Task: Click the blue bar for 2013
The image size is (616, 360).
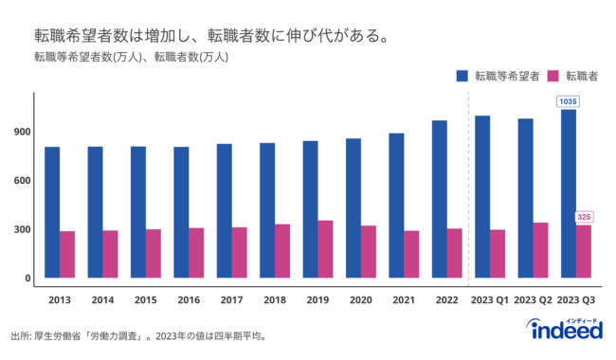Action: coord(52,213)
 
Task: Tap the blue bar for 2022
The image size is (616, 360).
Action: coord(439,200)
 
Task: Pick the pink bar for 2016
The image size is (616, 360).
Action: coord(196,253)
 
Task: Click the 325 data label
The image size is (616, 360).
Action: coord(585,217)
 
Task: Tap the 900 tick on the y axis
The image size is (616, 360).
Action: coord(20,132)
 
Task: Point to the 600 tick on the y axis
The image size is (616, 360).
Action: coord(20,181)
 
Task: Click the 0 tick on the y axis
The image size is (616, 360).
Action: coord(26,279)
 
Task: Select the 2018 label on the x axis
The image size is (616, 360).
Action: coord(274,299)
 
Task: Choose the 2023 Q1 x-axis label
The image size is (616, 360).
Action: coord(490,299)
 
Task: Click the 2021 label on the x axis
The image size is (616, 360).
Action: coord(403,299)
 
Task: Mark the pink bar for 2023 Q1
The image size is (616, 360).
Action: coord(498,254)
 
